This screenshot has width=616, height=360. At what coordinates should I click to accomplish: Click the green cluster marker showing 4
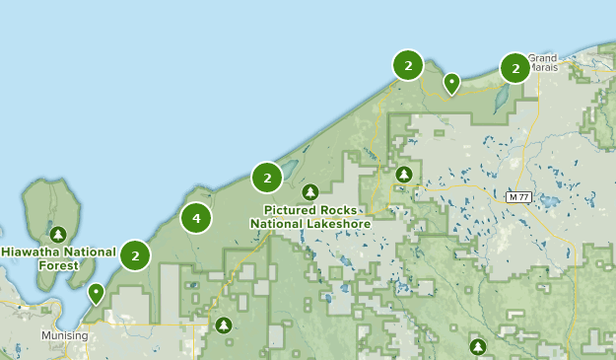pyautogui.click(x=196, y=218)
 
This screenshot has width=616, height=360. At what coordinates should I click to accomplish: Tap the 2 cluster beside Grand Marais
pyautogui.click(x=514, y=68)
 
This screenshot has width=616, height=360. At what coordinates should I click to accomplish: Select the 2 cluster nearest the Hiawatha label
pyautogui.click(x=135, y=254)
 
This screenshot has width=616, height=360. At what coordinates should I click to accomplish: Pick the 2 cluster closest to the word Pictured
pyautogui.click(x=267, y=178)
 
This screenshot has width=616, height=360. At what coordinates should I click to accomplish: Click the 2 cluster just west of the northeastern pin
pyautogui.click(x=407, y=65)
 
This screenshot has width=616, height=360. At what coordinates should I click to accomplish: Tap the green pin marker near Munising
pyautogui.click(x=96, y=293)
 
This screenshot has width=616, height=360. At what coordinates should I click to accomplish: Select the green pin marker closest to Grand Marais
pyautogui.click(x=451, y=83)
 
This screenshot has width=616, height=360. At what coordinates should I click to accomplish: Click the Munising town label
pyautogui.click(x=64, y=335)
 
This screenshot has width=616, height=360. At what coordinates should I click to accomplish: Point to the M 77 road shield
pyautogui.click(x=518, y=197)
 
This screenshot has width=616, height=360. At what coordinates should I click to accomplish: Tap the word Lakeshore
pyautogui.click(x=338, y=224)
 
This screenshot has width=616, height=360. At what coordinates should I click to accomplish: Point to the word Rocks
pyautogui.click(x=344, y=210)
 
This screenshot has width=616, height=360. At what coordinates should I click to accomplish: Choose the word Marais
pyautogui.click(x=542, y=69)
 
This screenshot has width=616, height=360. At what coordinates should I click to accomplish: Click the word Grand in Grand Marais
pyautogui.click(x=542, y=58)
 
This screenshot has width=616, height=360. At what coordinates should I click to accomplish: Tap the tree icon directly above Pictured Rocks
pyautogui.click(x=310, y=191)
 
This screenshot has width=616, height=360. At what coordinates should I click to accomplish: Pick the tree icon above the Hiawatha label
pyautogui.click(x=58, y=234)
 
